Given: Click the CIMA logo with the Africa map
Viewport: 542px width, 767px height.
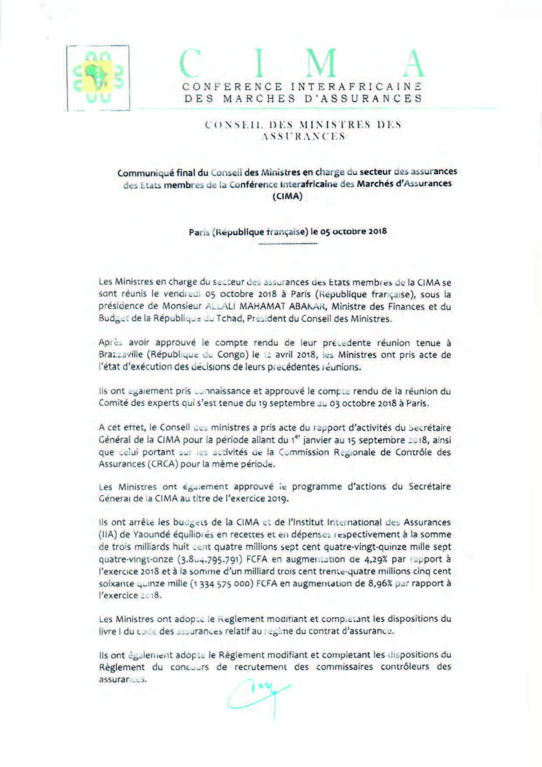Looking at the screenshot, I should pyautogui.click(x=98, y=77).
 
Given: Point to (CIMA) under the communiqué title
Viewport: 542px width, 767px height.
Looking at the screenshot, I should pyautogui.click(x=287, y=196).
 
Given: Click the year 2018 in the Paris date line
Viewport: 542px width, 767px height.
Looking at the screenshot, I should pyautogui.click(x=377, y=231).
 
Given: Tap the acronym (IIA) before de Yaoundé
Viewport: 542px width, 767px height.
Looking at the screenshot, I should pyautogui.click(x=109, y=534).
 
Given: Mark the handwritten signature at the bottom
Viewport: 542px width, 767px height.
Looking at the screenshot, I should pyautogui.click(x=258, y=696).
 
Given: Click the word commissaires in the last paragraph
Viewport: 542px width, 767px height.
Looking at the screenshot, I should pyautogui.click(x=345, y=667).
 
